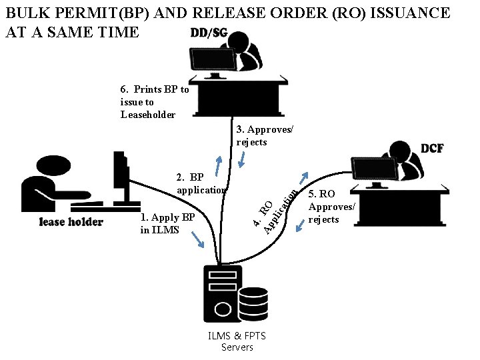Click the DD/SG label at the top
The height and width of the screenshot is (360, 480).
(209, 33)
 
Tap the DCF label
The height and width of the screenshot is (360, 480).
(432, 148)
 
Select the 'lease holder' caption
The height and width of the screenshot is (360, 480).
(71, 222)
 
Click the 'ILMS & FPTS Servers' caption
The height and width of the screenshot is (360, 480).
(237, 341)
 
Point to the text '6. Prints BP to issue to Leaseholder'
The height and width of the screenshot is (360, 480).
(154, 102)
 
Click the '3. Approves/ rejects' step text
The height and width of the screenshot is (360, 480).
(265, 135)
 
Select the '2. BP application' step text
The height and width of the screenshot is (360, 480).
(201, 183)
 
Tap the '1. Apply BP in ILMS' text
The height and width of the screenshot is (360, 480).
(167, 223)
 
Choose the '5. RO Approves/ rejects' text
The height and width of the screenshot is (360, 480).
(331, 207)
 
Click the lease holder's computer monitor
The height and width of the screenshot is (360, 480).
(120, 177)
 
